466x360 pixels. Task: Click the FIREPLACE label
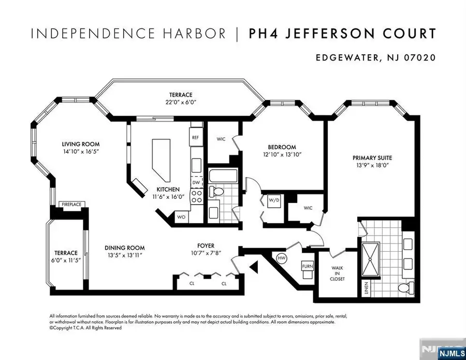pos(71,205)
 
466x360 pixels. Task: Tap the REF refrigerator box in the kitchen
pos(195,138)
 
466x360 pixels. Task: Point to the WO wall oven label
pos(181,217)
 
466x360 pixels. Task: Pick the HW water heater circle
pos(282,257)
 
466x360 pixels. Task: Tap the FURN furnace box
pos(307,267)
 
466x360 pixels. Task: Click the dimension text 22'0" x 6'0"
pos(180,103)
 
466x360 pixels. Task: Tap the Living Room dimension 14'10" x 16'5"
pos(80,152)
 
